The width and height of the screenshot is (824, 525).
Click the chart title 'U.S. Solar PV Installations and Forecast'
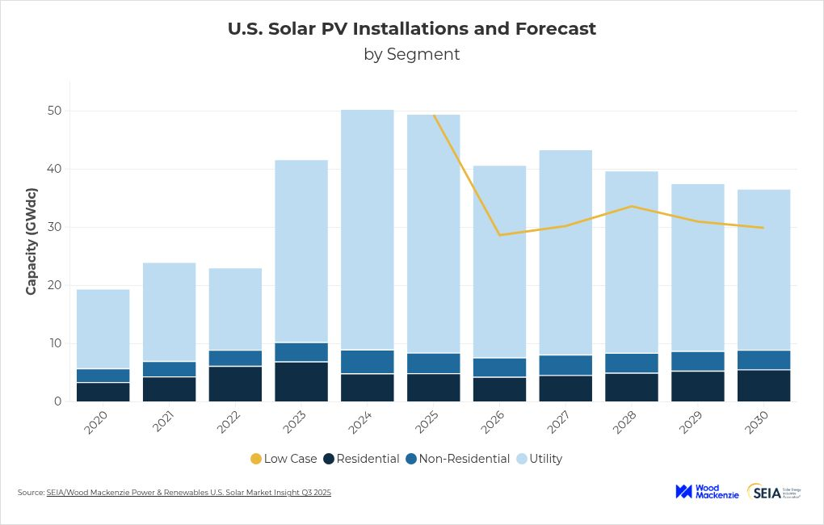tap(412, 29)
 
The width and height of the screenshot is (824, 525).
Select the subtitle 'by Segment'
tap(412, 54)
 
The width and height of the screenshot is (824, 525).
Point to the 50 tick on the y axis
tap(53, 111)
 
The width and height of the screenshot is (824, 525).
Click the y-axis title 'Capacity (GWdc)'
tap(32, 241)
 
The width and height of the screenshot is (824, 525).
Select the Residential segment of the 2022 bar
tap(235, 384)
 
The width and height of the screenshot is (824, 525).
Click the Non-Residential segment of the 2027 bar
tap(565, 365)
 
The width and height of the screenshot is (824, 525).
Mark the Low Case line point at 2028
tap(632, 206)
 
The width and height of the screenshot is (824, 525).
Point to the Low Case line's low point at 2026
tap(500, 235)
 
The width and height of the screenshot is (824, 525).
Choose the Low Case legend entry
tap(284, 459)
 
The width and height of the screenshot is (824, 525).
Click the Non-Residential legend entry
tap(457, 459)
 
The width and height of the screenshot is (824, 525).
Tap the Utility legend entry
tap(539, 459)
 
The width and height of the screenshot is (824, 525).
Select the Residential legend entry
tap(361, 459)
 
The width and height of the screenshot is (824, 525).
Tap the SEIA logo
tap(774, 492)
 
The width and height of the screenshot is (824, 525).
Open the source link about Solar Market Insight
tap(189, 493)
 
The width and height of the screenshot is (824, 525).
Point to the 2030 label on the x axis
tap(760, 422)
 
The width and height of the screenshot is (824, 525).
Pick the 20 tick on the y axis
tap(53, 285)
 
